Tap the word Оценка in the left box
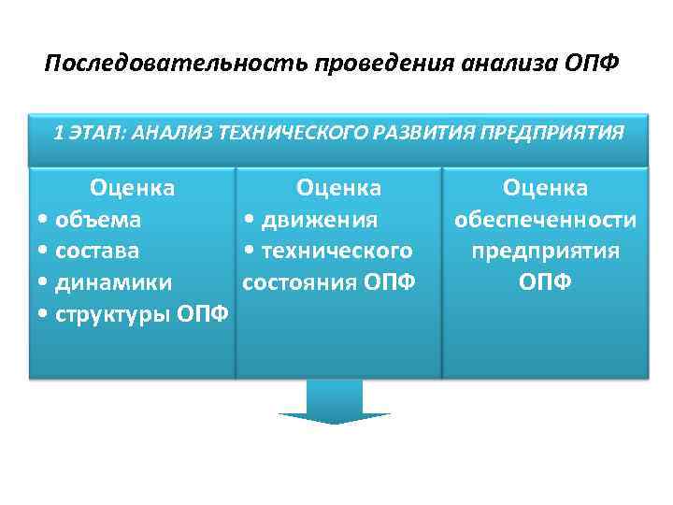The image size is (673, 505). [x=132, y=188]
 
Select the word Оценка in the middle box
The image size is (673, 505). [x=338, y=188]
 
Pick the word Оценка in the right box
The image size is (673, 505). [x=545, y=188]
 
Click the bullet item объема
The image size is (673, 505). [x=98, y=220]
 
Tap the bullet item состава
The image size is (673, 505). [x=97, y=251]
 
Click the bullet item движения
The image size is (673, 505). [x=319, y=220]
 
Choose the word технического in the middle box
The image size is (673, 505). [x=336, y=251]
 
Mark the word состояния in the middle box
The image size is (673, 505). [x=299, y=281]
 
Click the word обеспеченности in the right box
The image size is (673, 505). [x=545, y=220]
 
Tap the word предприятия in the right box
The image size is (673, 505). [x=545, y=251]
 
